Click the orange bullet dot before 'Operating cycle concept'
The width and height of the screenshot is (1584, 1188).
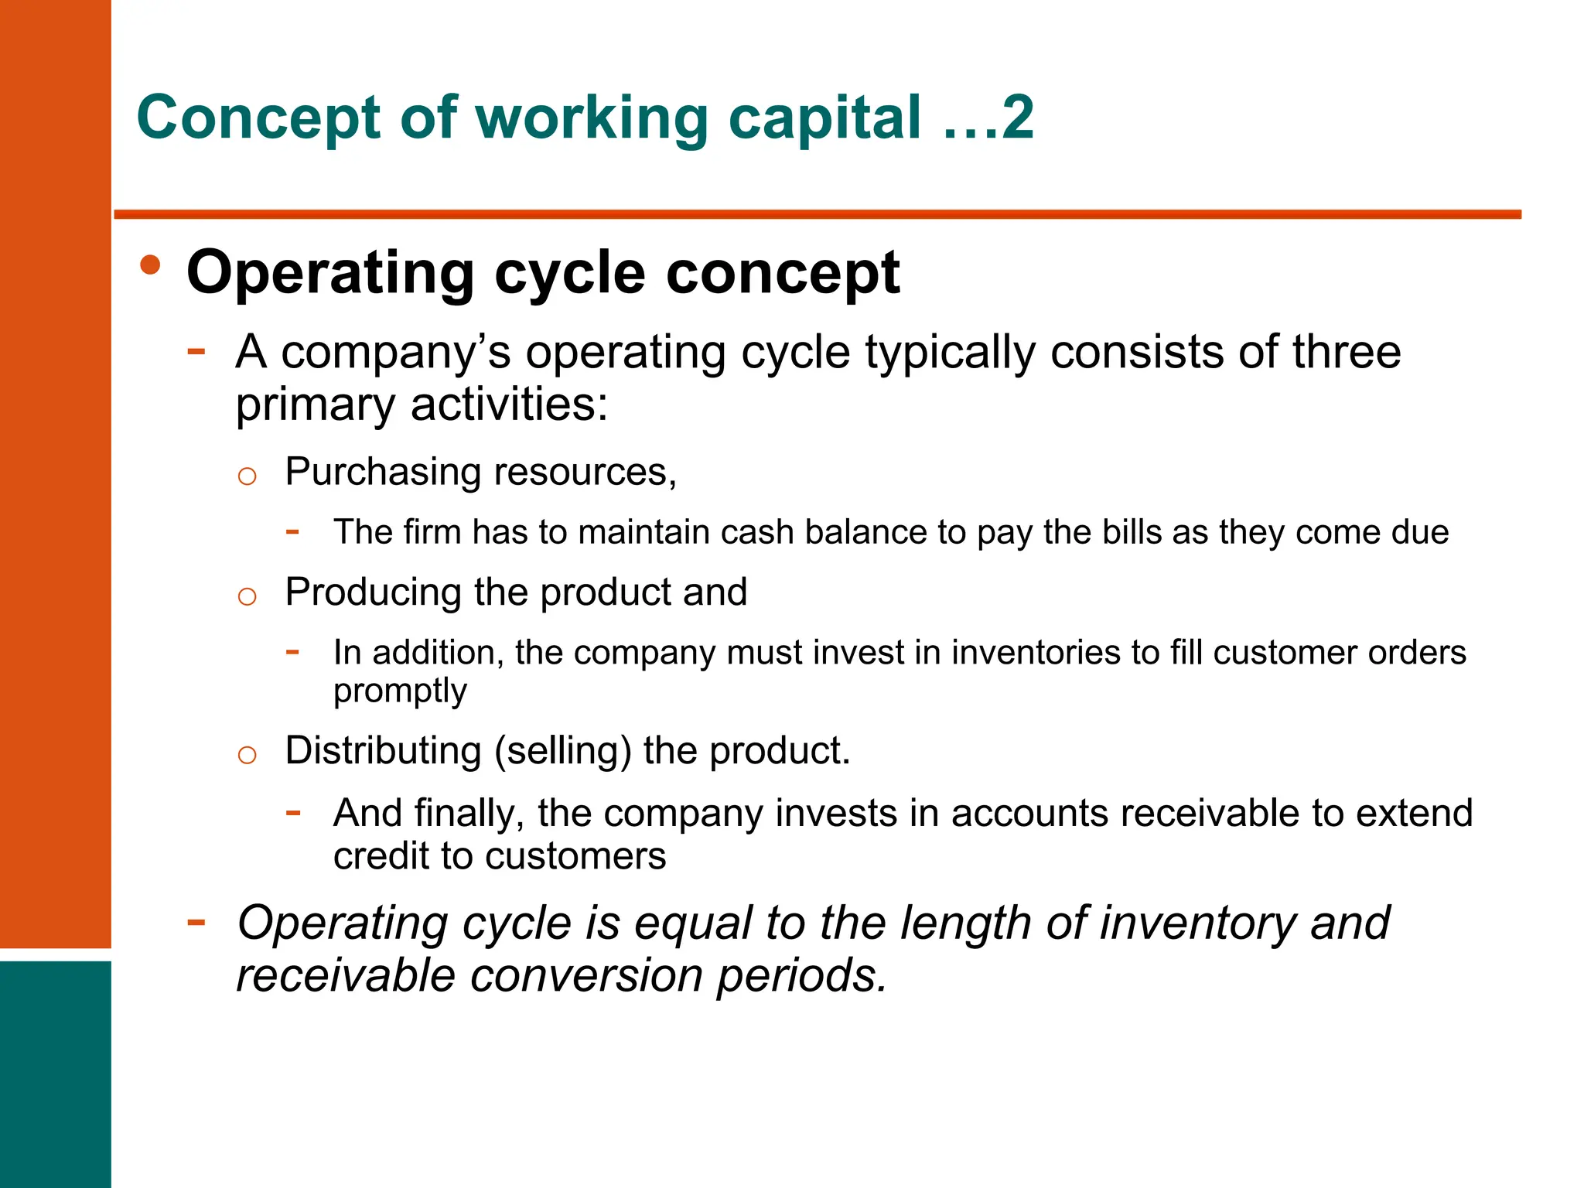pos(151,265)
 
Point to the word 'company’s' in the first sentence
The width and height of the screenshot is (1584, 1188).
pos(395,353)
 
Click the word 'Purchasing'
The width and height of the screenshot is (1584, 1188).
pos(384,473)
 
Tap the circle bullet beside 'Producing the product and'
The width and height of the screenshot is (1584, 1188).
pos(247,596)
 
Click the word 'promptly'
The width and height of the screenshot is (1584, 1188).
pos(400,691)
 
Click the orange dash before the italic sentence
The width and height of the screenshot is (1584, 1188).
pos(196,922)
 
